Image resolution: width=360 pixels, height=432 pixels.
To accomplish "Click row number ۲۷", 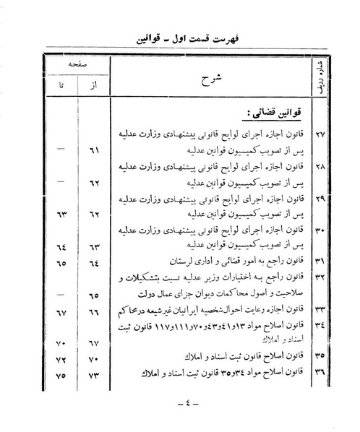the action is (x=319, y=134).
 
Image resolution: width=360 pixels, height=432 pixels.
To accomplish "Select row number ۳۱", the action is (x=319, y=259).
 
